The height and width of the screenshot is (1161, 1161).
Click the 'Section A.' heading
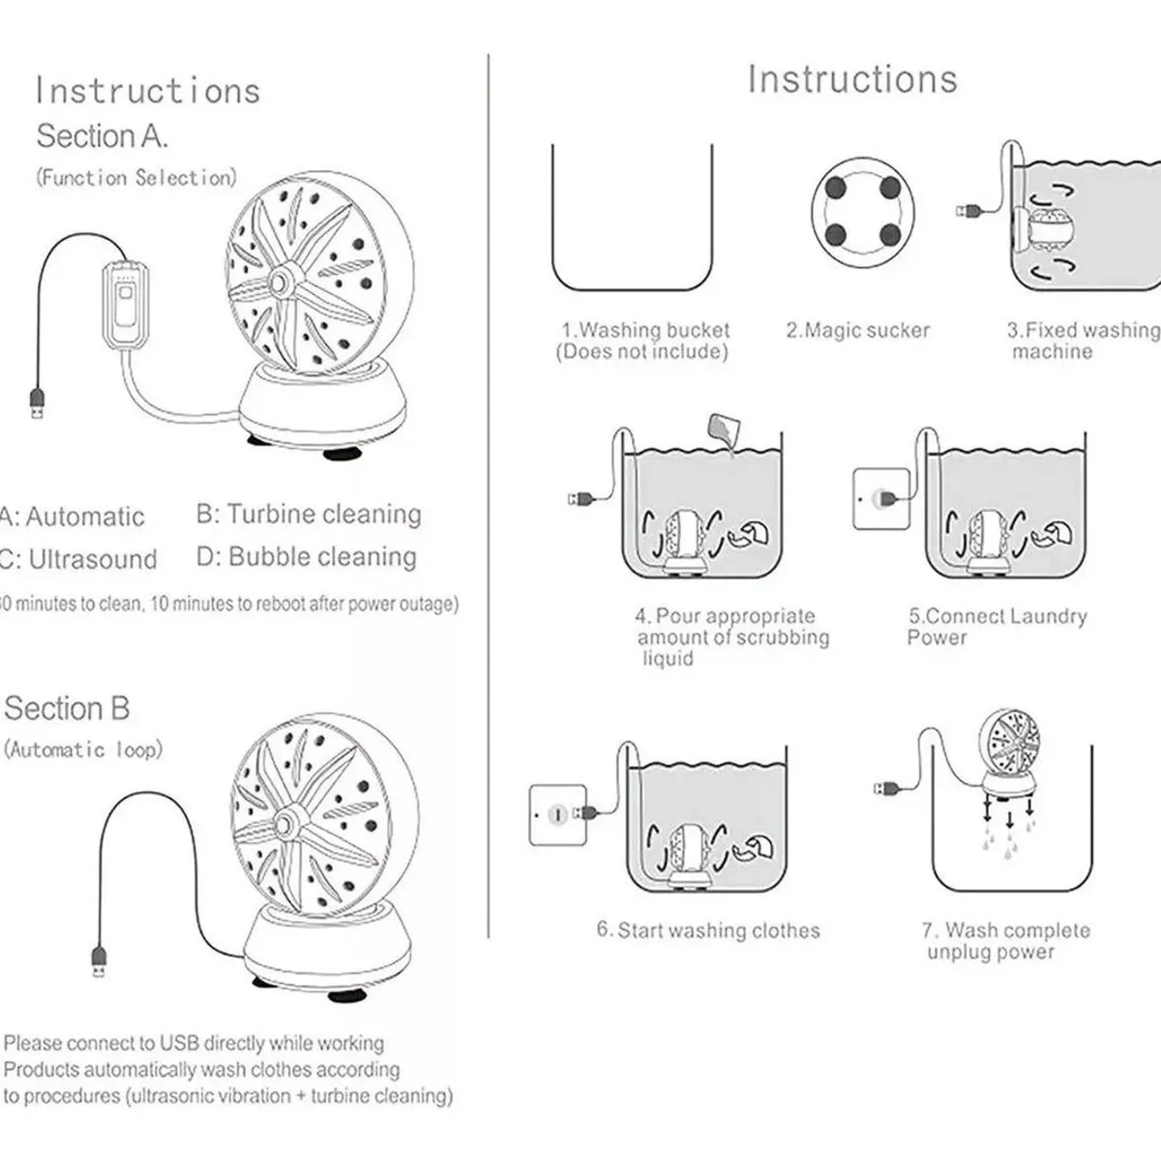pyautogui.click(x=103, y=136)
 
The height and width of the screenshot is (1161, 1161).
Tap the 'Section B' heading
pyautogui.click(x=67, y=708)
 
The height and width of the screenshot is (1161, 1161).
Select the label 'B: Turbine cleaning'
pyautogui.click(x=309, y=514)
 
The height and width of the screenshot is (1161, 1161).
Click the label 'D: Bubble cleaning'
pyautogui.click(x=307, y=557)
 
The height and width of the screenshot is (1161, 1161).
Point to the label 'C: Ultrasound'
pyautogui.click(x=79, y=559)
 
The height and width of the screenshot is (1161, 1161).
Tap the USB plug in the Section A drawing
pyautogui.click(x=36, y=402)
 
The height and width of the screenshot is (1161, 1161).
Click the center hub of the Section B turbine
pyautogui.click(x=286, y=822)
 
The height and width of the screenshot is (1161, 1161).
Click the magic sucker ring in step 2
pyautogui.click(x=863, y=210)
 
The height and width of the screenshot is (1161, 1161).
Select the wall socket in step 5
pyautogui.click(x=880, y=498)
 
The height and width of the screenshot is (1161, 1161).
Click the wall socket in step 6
pyautogui.click(x=557, y=815)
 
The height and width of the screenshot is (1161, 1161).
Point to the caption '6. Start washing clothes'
pyautogui.click(x=708, y=931)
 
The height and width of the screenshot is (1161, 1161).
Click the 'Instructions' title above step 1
pyautogui.click(x=852, y=79)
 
